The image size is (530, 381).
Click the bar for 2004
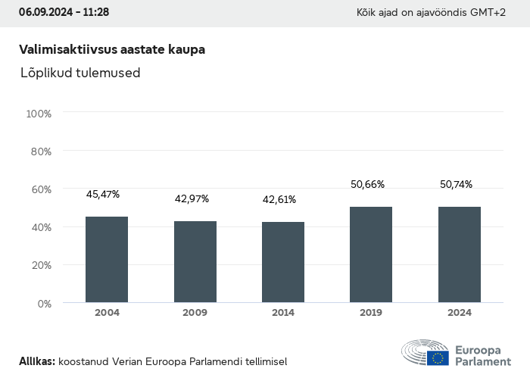click(x=107, y=260)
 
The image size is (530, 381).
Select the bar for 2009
click(x=195, y=262)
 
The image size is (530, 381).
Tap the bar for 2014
click(x=283, y=262)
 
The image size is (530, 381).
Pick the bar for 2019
click(x=371, y=255)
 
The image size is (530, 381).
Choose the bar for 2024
click(x=460, y=255)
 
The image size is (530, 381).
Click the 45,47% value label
click(x=103, y=195)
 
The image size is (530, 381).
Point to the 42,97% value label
click(x=192, y=199)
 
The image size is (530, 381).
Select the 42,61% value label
click(x=279, y=200)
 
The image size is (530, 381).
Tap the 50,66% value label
click(x=368, y=184)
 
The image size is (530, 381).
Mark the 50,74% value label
click(x=456, y=184)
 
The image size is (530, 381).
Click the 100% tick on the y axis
click(x=39, y=114)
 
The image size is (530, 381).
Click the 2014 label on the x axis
click(x=283, y=313)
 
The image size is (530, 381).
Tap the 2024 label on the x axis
click(x=460, y=313)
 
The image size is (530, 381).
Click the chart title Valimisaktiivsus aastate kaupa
click(x=112, y=49)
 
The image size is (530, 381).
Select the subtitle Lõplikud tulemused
click(x=80, y=73)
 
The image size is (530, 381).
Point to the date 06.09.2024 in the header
click(x=46, y=13)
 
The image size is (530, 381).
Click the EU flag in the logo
click(x=437, y=358)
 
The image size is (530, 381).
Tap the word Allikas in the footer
click(x=37, y=362)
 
